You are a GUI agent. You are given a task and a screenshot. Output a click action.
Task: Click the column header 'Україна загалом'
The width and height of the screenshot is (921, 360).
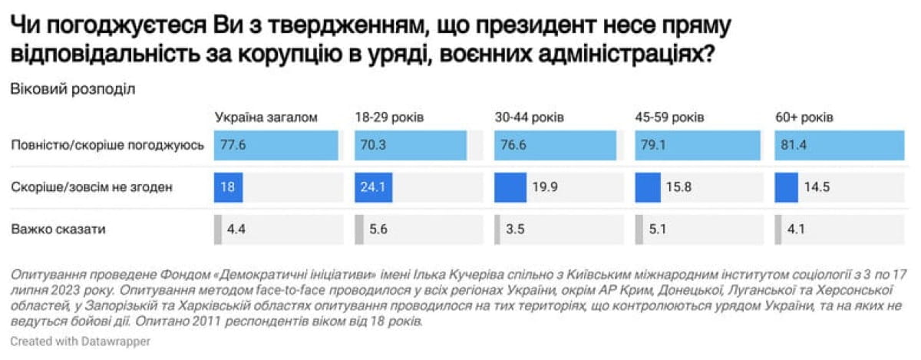[266, 117]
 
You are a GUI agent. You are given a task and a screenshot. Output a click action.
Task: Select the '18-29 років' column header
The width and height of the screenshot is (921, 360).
[389, 117]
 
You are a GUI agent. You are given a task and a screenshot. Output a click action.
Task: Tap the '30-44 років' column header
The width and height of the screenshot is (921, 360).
[530, 117]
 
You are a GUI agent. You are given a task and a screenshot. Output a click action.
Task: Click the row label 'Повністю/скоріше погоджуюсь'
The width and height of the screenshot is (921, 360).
[107, 145]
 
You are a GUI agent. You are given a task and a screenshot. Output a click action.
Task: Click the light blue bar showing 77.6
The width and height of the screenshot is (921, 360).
[276, 145]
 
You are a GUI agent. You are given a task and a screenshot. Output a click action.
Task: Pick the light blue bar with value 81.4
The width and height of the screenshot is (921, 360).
[840, 145]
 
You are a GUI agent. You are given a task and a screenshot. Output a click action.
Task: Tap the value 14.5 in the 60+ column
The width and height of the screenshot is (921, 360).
[815, 187]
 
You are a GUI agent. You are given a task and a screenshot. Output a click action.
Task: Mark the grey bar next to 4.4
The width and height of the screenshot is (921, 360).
[218, 229]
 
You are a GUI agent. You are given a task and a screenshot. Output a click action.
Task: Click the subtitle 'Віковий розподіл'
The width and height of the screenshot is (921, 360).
[73, 88]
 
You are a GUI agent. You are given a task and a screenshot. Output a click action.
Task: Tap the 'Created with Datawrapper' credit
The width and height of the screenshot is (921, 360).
[81, 339]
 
